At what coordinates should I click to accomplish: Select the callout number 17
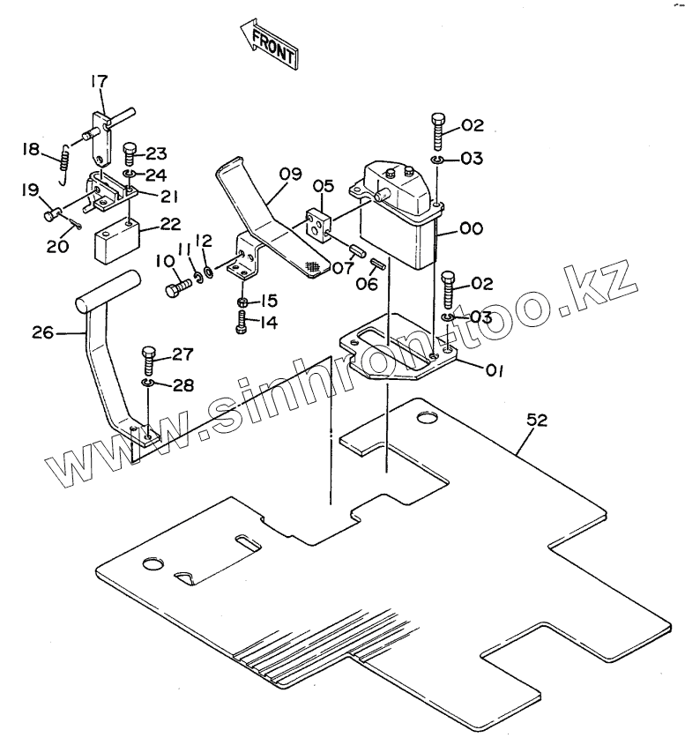(98, 82)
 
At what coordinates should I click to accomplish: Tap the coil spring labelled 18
(64, 162)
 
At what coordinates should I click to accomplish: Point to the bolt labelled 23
(130, 155)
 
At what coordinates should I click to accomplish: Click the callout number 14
(268, 324)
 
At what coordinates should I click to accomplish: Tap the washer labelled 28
(149, 384)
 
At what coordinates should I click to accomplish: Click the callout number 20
(57, 247)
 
